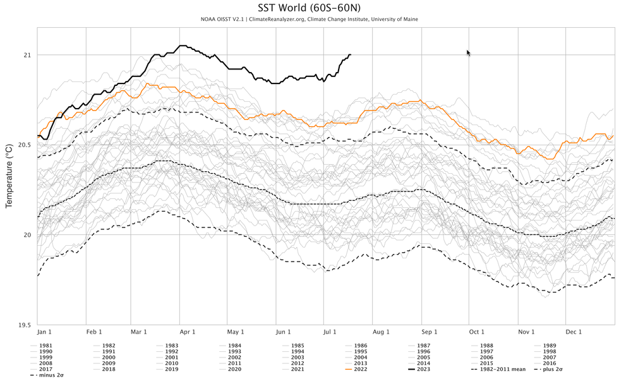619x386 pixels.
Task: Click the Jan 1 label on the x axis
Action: point(44,332)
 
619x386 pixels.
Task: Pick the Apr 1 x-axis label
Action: point(187,332)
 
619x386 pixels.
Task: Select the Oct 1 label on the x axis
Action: point(476,332)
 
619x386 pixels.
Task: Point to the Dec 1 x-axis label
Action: point(573,332)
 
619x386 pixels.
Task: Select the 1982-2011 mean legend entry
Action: point(498,368)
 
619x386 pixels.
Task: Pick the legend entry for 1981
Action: point(45,346)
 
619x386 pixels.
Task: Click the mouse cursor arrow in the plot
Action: point(468,53)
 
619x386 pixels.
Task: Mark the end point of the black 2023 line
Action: point(351,55)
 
